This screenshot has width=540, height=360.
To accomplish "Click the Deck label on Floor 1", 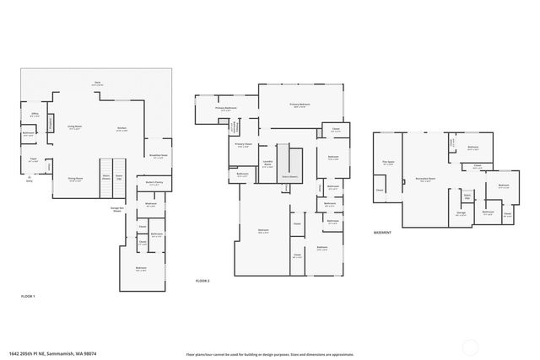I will (x=98, y=83).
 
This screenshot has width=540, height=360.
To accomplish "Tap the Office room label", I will (x=35, y=115).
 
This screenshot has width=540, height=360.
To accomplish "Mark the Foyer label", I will (x=34, y=159).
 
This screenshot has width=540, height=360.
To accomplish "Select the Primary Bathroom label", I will (x=225, y=109).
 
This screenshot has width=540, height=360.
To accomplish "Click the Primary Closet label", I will (x=243, y=145).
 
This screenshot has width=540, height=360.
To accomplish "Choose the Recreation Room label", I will (x=425, y=180).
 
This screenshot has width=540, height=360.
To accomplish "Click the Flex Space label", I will (x=388, y=163).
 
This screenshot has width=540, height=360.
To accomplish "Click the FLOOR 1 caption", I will (x=28, y=296).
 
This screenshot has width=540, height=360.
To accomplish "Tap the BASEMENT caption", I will (x=382, y=232).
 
